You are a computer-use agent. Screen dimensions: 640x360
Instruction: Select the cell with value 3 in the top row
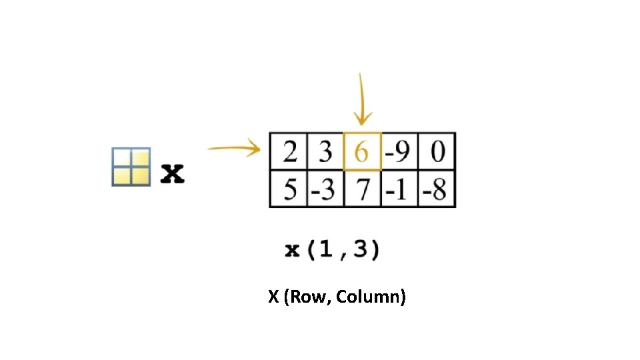click(x=325, y=153)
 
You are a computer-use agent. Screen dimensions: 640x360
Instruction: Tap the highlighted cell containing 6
click(x=362, y=152)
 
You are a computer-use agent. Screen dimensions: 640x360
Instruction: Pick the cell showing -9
click(x=399, y=153)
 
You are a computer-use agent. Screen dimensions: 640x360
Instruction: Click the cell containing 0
click(x=437, y=153)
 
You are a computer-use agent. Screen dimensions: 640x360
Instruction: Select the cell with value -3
click(x=325, y=190)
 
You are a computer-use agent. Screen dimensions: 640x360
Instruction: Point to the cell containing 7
click(x=362, y=190)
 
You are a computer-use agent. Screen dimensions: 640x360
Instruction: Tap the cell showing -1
click(x=399, y=190)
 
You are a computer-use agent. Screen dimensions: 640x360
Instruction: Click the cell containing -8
click(x=437, y=190)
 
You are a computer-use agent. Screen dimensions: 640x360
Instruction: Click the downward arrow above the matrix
click(x=361, y=100)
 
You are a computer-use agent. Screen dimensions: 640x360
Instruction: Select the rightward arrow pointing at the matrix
click(x=233, y=149)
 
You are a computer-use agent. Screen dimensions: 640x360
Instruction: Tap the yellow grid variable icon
click(x=131, y=167)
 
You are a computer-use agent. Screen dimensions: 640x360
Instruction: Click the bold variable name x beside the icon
click(x=173, y=174)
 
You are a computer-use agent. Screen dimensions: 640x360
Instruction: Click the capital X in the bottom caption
click(x=273, y=297)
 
